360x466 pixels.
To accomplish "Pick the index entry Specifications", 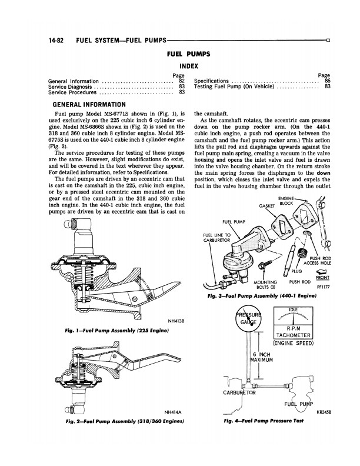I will [215, 81].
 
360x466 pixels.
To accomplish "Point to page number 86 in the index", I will [327, 81].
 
